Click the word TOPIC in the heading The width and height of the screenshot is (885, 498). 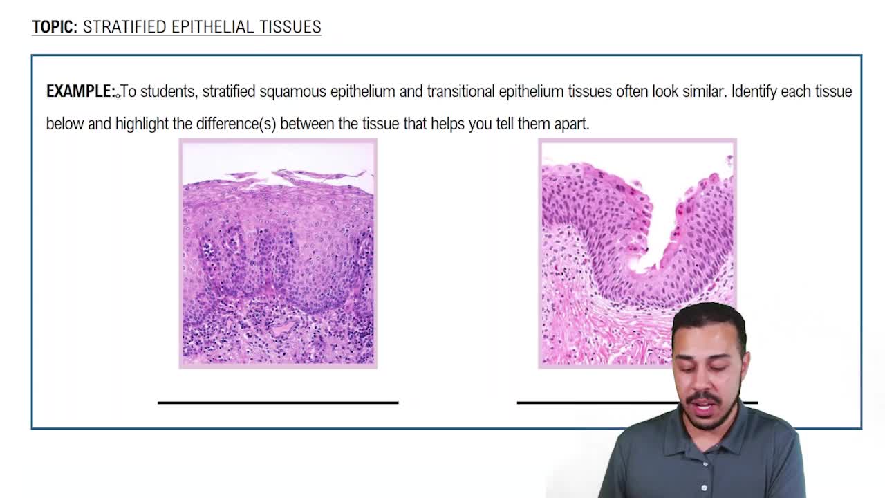[x=54, y=27]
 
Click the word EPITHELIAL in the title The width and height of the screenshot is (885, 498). [x=209, y=27]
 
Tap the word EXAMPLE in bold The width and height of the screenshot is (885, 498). [x=80, y=91]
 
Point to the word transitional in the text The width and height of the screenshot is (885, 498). [x=460, y=91]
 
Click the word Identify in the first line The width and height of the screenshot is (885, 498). [x=754, y=91]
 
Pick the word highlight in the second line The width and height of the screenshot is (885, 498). [x=142, y=124]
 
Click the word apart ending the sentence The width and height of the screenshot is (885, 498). [x=570, y=124]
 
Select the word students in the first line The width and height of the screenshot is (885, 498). [x=169, y=91]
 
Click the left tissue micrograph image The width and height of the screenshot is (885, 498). [x=278, y=253]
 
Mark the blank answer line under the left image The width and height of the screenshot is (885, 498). [x=278, y=402]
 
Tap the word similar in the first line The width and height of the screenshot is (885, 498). [x=698, y=91]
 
